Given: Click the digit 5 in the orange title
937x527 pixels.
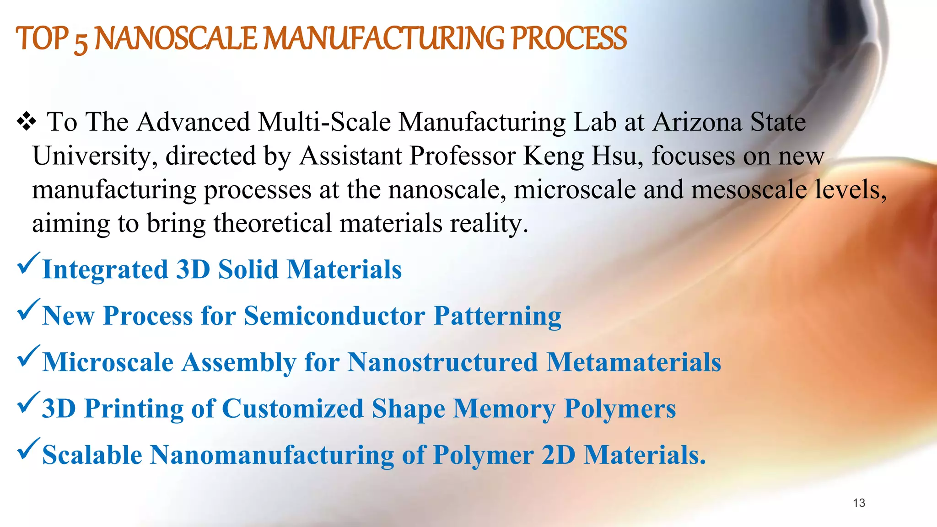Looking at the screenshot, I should pyautogui.click(x=81, y=42).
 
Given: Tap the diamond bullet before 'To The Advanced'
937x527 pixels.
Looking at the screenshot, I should pyautogui.click(x=26, y=122).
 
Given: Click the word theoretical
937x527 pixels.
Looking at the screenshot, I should pyautogui.click(x=272, y=224).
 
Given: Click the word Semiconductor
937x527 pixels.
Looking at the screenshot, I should pyautogui.click(x=334, y=316).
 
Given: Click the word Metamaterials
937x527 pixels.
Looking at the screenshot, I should pyautogui.click(x=634, y=362).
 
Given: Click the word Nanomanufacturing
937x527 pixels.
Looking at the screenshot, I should pyautogui.click(x=272, y=455).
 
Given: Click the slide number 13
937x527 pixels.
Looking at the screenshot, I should pyautogui.click(x=859, y=503).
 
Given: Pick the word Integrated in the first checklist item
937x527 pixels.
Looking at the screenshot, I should pyautogui.click(x=105, y=270).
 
